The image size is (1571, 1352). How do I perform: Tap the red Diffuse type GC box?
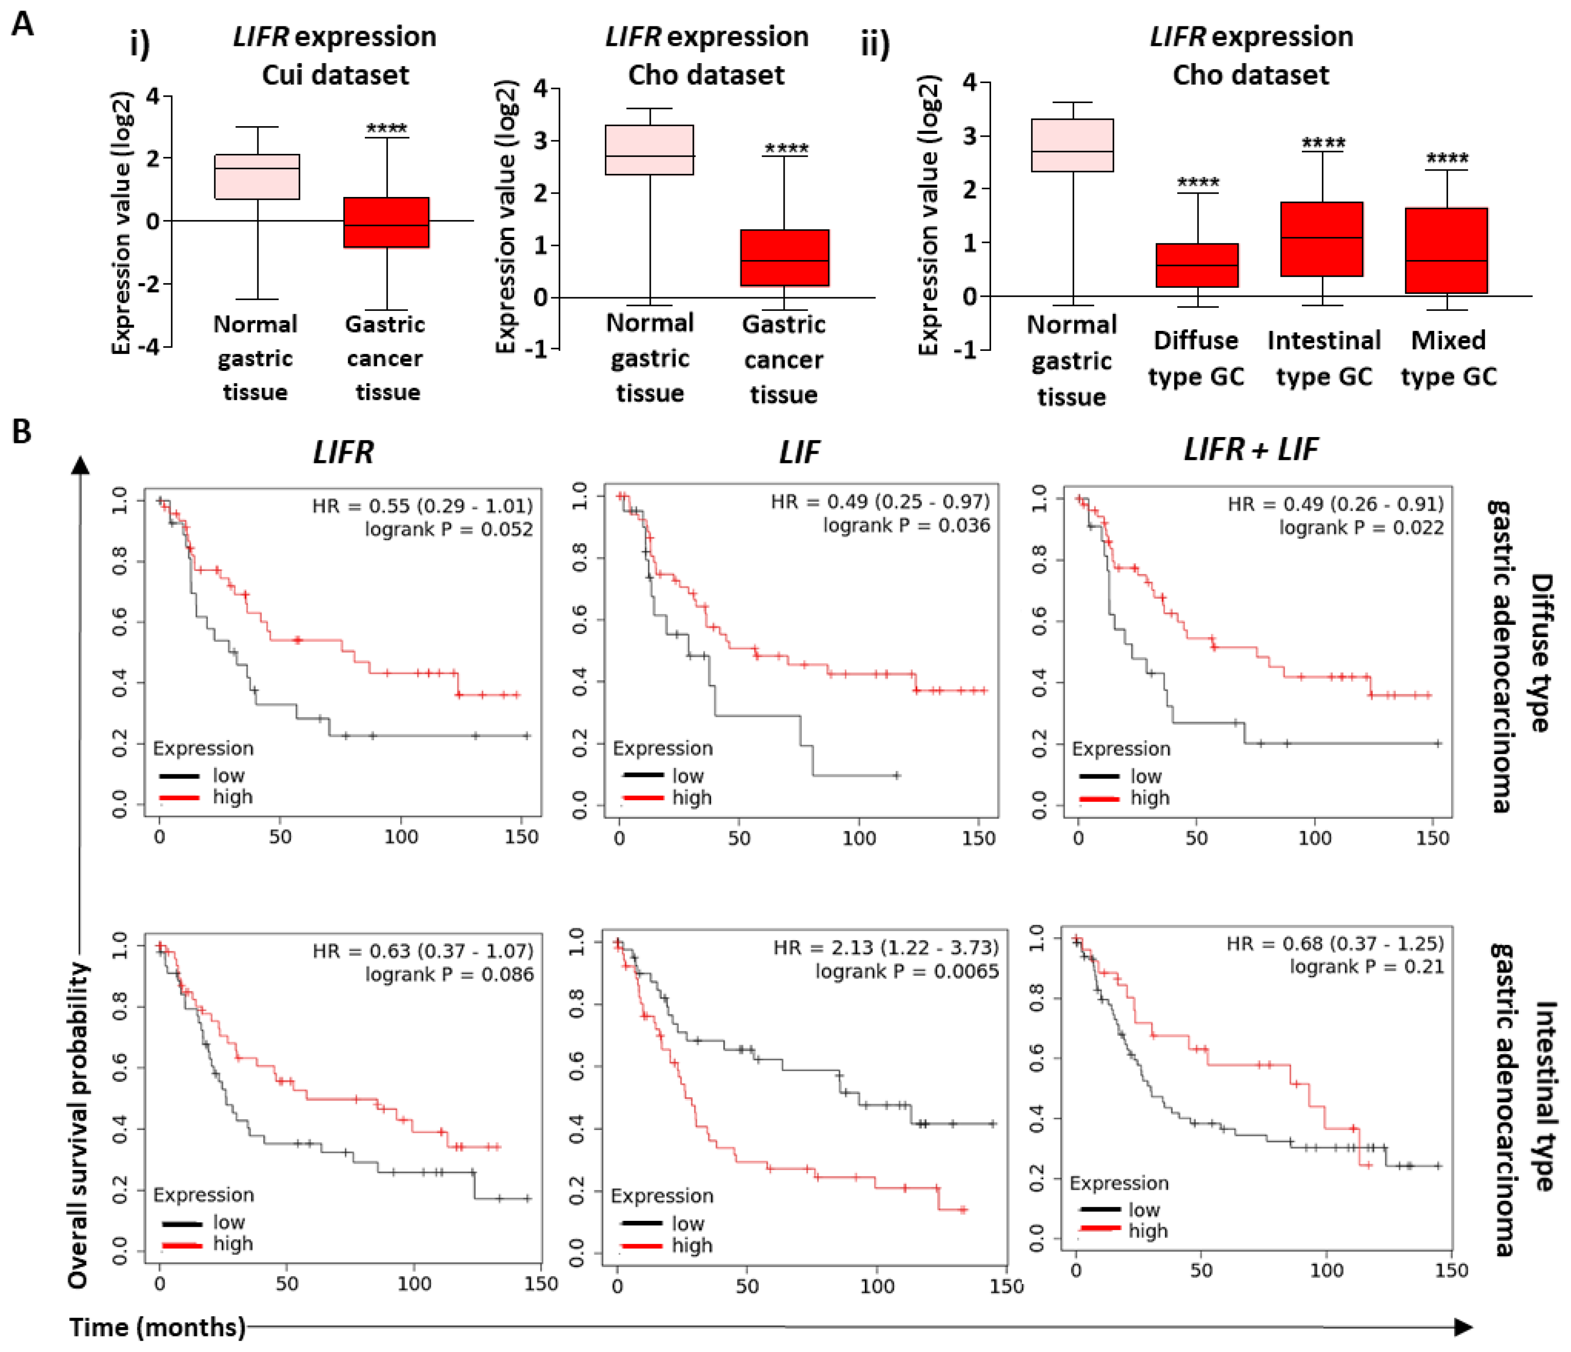[1197, 265]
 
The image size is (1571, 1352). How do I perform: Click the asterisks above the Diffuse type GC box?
[1198, 183]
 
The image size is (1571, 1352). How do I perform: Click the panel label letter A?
[23, 24]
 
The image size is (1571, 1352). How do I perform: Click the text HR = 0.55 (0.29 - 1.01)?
[422, 506]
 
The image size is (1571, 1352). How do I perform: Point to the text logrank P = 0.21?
[1366, 967]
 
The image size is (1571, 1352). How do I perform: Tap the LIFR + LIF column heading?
[1251, 450]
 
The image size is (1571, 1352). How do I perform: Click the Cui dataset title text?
[335, 75]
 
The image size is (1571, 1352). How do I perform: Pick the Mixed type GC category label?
[1448, 358]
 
